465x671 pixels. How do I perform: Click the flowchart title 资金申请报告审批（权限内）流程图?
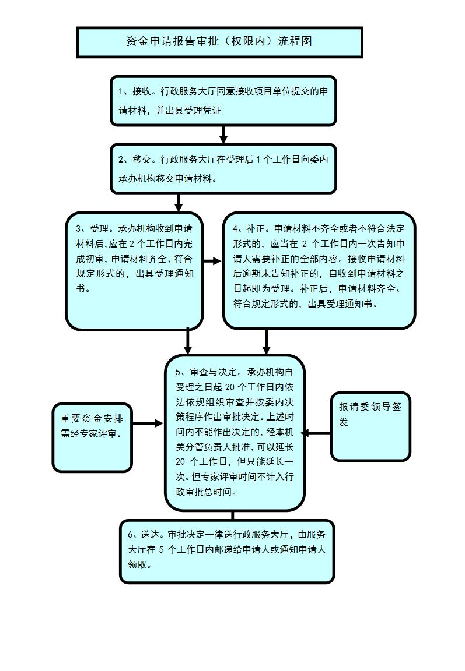pyautogui.click(x=219, y=42)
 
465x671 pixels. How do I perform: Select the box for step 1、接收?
pyautogui.click(x=223, y=100)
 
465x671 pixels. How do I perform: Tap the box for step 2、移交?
pyautogui.click(x=223, y=169)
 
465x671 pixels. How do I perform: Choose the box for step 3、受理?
pyautogui.click(x=134, y=271)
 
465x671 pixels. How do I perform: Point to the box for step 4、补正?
pyautogui.click(x=319, y=271)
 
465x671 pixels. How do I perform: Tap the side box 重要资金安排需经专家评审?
pyautogui.click(x=92, y=437)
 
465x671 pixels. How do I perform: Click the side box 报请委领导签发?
pyautogui.click(x=370, y=426)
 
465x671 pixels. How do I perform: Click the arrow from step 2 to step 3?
pyautogui.click(x=179, y=203)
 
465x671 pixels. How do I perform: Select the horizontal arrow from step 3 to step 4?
pyautogui.click(x=212, y=262)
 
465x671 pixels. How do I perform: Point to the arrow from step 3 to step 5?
pyautogui.click(x=188, y=341)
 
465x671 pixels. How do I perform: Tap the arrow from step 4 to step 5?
pyautogui.click(x=266, y=341)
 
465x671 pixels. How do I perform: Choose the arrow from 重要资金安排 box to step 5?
pyautogui.click(x=148, y=424)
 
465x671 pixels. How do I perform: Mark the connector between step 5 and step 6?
pyautogui.click(x=232, y=515)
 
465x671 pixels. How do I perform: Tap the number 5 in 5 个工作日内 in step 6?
pyautogui.click(x=160, y=549)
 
